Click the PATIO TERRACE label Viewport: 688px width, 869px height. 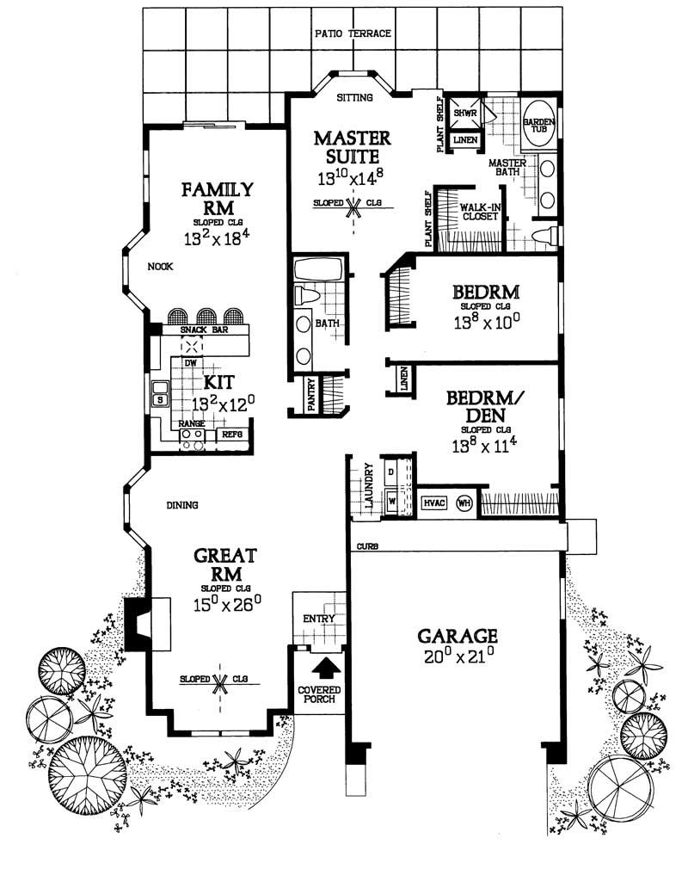click(x=353, y=34)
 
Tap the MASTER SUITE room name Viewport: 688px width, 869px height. click(x=352, y=148)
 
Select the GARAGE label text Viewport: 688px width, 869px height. click(x=458, y=636)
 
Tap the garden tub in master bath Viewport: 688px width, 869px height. click(x=539, y=125)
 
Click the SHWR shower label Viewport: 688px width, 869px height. click(x=465, y=113)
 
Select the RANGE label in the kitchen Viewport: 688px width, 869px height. click(x=191, y=424)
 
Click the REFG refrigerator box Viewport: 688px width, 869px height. click(x=232, y=435)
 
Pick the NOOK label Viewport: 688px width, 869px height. click(x=160, y=267)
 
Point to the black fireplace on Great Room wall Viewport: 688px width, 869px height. click(x=136, y=624)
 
